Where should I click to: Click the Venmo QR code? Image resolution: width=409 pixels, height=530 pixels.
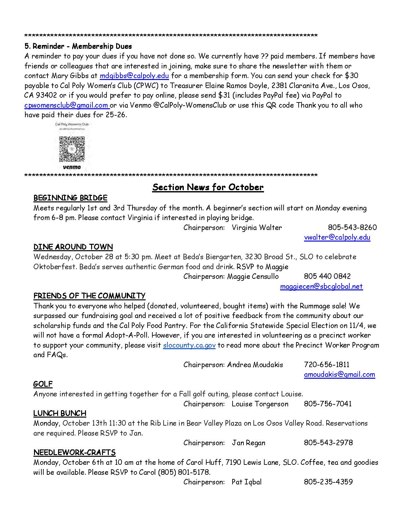(x=72, y=149)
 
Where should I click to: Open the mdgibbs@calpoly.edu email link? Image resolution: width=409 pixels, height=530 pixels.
(x=134, y=76)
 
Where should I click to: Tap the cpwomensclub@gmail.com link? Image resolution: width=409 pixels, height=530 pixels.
(x=66, y=105)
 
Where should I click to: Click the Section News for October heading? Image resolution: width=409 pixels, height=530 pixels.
(x=208, y=187)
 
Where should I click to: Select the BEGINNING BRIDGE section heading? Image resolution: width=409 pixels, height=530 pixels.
(x=70, y=198)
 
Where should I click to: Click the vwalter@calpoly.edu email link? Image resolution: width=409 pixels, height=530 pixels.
(x=337, y=237)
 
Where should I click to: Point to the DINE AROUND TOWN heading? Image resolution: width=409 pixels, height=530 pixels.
(x=73, y=247)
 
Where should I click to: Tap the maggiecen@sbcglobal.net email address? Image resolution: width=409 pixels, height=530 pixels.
(x=321, y=286)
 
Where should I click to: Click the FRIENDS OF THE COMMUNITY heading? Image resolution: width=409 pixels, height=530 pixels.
(x=89, y=296)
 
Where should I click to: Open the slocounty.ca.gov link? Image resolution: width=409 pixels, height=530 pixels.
(x=189, y=345)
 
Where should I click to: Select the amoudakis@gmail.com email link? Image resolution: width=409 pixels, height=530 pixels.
(x=339, y=375)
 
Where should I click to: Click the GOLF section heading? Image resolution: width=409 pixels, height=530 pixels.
(x=43, y=384)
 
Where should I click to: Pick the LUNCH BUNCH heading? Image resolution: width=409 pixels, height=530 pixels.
(x=60, y=413)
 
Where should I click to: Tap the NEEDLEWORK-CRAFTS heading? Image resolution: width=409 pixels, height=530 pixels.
(x=74, y=453)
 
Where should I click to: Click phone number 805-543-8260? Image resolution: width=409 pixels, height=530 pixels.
(x=352, y=228)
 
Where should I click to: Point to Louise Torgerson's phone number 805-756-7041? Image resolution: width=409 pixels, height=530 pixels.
(x=328, y=404)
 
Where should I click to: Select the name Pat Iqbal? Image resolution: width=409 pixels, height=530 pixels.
(x=246, y=482)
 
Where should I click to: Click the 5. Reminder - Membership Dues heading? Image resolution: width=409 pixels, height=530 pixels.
(x=78, y=47)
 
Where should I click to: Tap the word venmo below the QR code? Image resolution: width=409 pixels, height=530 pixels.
(x=72, y=167)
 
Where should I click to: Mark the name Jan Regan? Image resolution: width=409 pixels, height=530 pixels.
(x=249, y=443)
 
